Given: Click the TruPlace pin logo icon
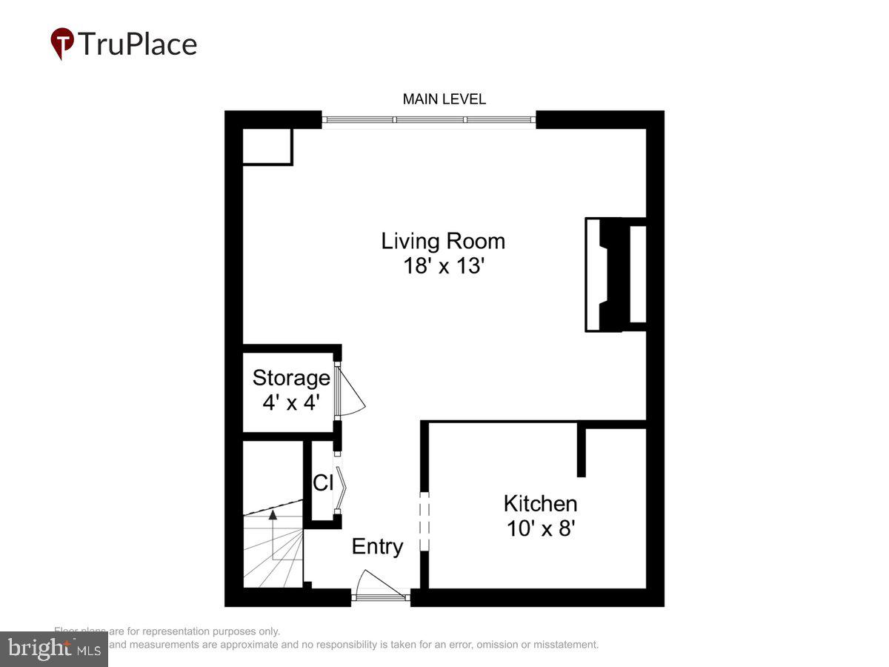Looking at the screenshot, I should [x=62, y=43].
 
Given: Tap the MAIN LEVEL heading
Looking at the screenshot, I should [x=444, y=99].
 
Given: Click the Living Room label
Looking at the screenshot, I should [x=443, y=241].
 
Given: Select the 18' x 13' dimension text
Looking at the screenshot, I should [x=443, y=266].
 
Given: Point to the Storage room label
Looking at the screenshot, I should [x=291, y=378].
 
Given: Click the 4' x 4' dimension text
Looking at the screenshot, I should [x=291, y=402].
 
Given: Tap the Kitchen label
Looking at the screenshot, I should [x=540, y=504].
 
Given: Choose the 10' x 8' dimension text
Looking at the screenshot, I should [x=540, y=528].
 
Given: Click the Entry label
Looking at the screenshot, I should [x=377, y=547].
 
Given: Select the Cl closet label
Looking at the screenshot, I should [x=323, y=483].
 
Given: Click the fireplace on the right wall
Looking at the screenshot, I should [x=616, y=274].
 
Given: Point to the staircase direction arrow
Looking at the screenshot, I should [x=273, y=514].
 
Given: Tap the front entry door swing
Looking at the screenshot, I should [x=378, y=584].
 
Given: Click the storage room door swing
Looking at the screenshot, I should [x=350, y=391].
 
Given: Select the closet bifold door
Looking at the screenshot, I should [x=341, y=482].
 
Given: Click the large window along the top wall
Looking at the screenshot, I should [x=429, y=120].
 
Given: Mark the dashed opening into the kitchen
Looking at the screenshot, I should [x=424, y=522].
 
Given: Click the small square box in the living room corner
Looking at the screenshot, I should [x=267, y=146].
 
